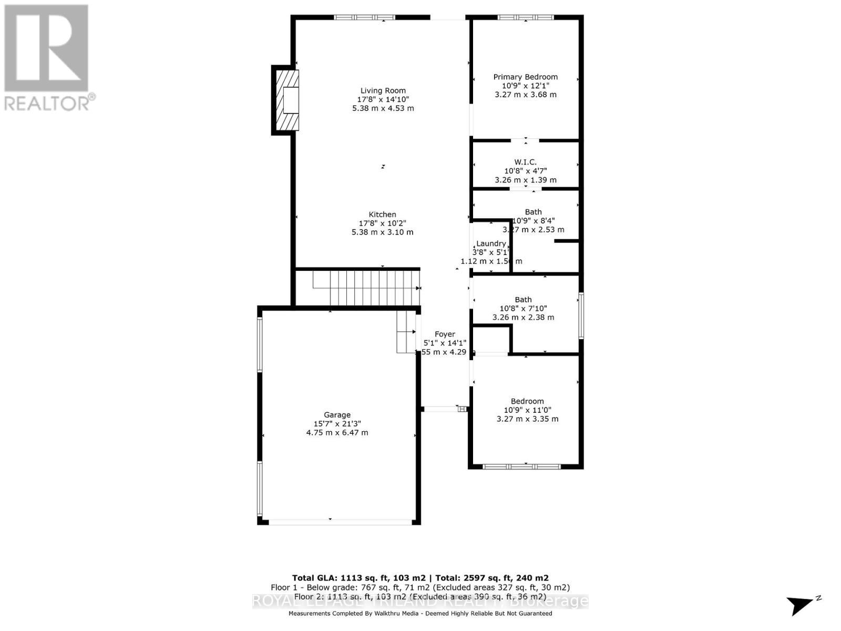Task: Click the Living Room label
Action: point(383,90)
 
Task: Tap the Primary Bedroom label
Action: point(525,77)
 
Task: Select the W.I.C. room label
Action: point(525,162)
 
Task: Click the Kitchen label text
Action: point(382,215)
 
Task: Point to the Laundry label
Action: point(491,243)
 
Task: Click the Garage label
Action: point(337,415)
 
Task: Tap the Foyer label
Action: point(445,334)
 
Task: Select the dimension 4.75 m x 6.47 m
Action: point(337,433)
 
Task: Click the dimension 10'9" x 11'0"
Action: point(527,410)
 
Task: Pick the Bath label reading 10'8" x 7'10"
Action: point(523,300)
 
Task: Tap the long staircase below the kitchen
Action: point(365,288)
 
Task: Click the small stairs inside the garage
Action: point(406,334)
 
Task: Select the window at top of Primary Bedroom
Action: point(525,17)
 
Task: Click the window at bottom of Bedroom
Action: point(521,466)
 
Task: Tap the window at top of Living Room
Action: point(364,17)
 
